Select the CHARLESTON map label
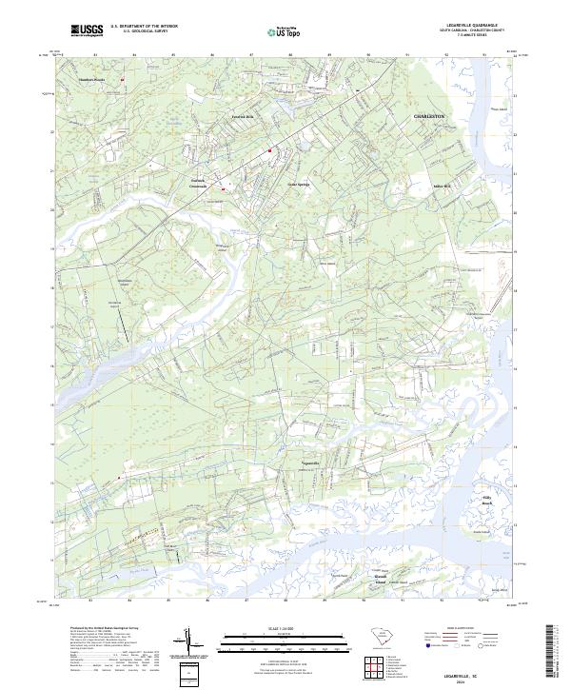click(429, 115)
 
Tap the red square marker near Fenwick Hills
click(269, 149)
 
